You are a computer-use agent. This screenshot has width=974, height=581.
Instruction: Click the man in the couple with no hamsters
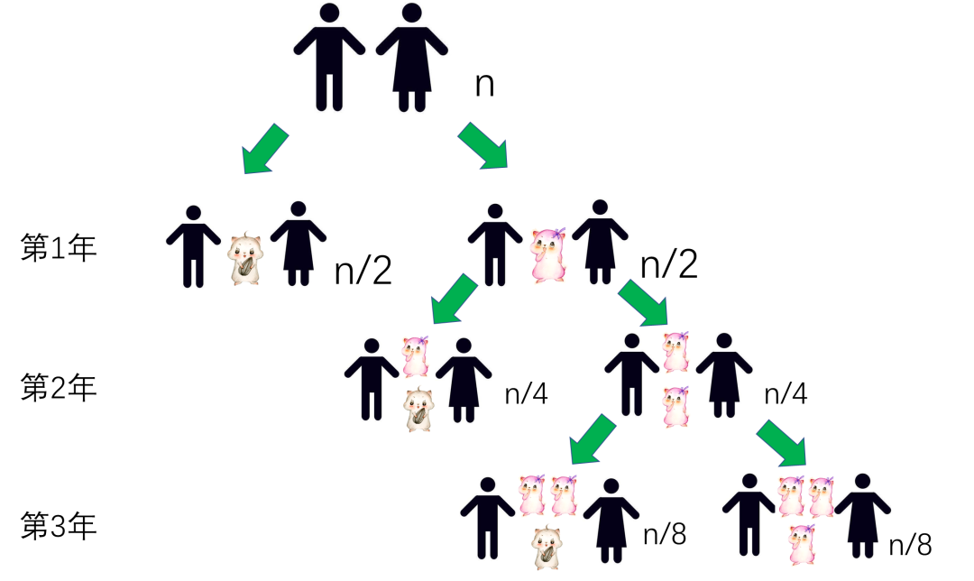coord(329,57)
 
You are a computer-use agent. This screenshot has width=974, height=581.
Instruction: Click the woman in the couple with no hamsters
coord(412,57)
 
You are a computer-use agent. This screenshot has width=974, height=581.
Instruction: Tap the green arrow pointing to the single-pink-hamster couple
coord(483,146)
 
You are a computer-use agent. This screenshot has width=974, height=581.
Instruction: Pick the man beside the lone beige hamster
coord(193,246)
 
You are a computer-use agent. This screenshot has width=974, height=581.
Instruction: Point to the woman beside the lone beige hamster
coord(299,244)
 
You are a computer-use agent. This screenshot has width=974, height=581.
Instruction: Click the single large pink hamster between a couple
coord(547,254)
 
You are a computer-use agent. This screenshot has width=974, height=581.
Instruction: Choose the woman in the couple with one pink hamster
coord(600,242)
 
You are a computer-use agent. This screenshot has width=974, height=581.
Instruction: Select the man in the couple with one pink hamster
coord(495,245)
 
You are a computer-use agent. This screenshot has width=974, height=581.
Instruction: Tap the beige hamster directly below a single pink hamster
coord(418,410)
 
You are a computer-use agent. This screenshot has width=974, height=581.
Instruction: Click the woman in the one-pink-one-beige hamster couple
coord(464,380)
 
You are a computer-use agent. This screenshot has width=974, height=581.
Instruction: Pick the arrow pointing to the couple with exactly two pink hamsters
coord(643,303)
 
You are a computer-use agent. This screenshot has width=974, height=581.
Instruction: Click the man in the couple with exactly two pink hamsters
coord(631,374)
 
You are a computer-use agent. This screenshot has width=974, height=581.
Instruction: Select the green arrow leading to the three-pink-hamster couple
coord(782,443)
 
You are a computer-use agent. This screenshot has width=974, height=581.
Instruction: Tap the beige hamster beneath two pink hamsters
coord(546,547)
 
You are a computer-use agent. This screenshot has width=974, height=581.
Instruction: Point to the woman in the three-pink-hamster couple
coord(862,515)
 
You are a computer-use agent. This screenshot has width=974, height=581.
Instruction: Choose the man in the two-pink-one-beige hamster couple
coord(488,519)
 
